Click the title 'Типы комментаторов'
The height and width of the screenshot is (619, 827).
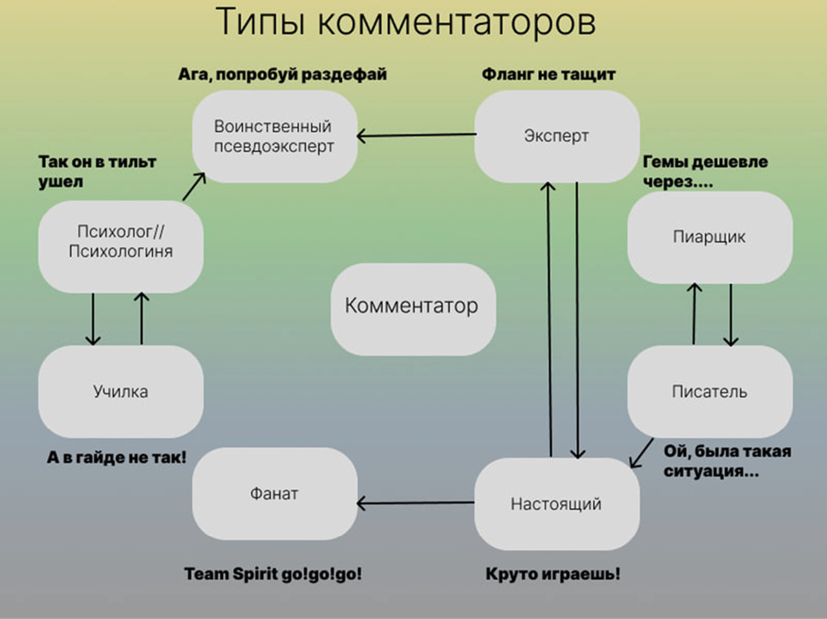point(405,22)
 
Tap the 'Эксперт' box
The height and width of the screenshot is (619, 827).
point(556,136)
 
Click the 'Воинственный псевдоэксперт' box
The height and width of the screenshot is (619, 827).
point(274,136)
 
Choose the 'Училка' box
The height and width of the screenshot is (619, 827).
point(121,392)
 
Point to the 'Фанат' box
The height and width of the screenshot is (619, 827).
point(274,494)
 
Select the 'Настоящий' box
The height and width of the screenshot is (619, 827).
point(556,504)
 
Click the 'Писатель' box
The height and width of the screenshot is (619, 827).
point(709,392)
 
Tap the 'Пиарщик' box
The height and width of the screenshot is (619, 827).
point(709,237)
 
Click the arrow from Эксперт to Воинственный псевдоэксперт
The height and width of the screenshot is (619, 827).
point(416,135)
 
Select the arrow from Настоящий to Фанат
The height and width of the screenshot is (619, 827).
point(416,503)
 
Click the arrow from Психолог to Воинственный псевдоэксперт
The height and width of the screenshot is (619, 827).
point(194,186)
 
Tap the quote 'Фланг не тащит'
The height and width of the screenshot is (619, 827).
point(548,74)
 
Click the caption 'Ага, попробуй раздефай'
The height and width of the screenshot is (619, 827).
point(283,74)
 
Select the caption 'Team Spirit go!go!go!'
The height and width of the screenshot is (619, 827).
point(273,574)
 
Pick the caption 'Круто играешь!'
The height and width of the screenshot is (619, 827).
point(553,574)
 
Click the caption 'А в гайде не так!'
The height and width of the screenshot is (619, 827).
point(116,457)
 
